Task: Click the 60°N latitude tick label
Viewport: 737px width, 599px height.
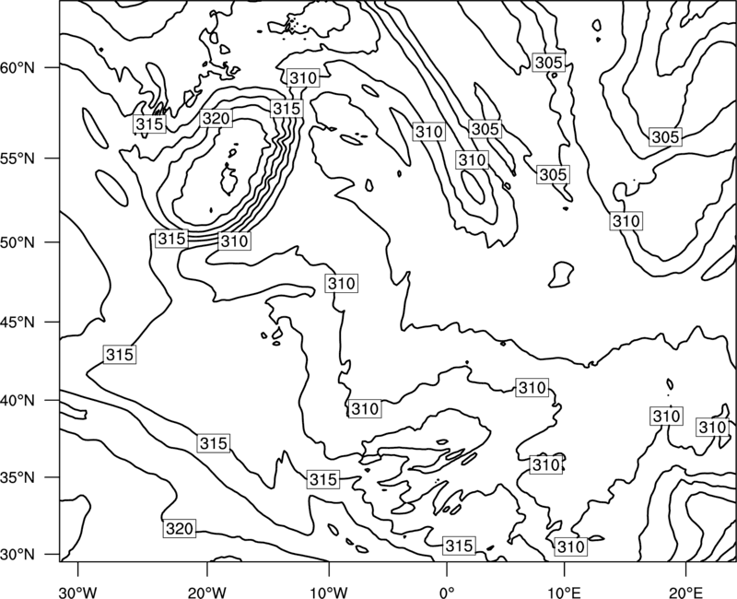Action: tap(18, 67)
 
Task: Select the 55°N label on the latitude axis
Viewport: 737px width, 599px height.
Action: tap(18, 159)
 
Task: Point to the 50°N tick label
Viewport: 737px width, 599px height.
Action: tap(18, 242)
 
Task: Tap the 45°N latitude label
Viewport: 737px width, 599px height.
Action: tap(18, 322)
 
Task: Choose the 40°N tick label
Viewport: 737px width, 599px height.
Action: tap(18, 401)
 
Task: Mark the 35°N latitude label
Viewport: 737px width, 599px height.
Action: tap(18, 477)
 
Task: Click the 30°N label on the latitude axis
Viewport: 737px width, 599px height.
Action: tap(18, 555)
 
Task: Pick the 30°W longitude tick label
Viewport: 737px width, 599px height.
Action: tap(78, 592)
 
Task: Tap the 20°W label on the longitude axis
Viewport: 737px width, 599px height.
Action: tap(206, 592)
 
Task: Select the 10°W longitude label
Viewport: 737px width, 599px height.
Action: tap(329, 592)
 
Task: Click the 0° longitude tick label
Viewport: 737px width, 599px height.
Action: tap(447, 592)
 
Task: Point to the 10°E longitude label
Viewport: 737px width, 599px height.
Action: tap(564, 592)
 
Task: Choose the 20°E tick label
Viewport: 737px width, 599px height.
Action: tap(685, 592)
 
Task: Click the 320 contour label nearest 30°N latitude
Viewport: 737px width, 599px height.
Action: tap(180, 528)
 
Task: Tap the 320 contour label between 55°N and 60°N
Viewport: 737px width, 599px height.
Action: tap(216, 118)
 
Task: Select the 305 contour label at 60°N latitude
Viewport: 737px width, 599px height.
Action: tap(548, 62)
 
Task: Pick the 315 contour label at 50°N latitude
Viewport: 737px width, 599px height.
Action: tap(171, 239)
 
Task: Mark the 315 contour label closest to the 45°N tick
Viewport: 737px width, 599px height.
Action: tap(120, 354)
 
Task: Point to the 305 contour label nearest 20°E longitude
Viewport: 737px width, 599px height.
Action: tap(665, 136)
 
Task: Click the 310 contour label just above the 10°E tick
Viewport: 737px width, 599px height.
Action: tap(570, 546)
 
